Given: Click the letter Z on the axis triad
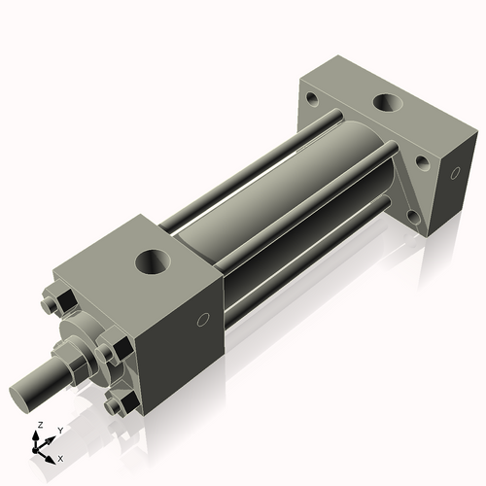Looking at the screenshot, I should tap(39, 426).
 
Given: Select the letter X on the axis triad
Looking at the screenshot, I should tap(60, 457).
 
